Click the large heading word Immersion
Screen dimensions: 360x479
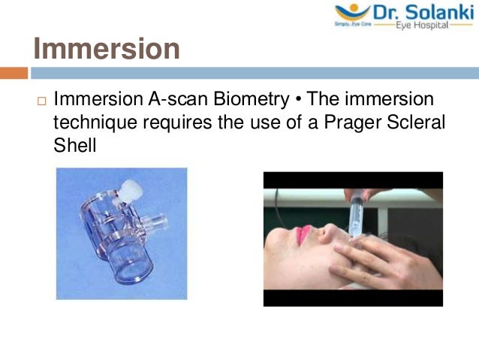click(107, 49)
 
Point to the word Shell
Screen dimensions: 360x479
click(75, 144)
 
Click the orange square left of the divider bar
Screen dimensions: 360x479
click(14, 73)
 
